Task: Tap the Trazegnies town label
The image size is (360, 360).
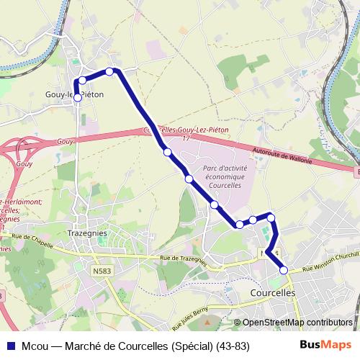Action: (x=86, y=233)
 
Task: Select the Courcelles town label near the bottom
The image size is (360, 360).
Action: (x=272, y=294)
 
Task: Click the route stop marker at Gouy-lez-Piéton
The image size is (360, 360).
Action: (x=78, y=99)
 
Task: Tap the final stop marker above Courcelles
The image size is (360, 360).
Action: (x=284, y=270)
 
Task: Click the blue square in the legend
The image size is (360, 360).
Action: (x=11, y=346)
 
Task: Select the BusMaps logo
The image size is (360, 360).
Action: (x=326, y=345)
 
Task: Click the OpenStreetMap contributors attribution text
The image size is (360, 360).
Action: (x=297, y=323)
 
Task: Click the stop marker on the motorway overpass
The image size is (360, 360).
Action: (x=167, y=152)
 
